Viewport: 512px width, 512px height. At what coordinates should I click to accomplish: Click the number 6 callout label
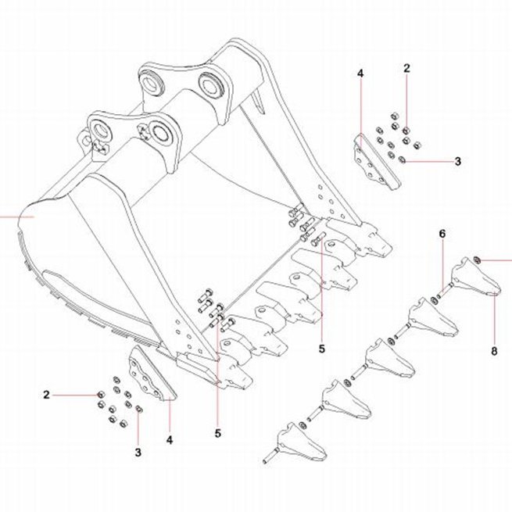pos(442,234)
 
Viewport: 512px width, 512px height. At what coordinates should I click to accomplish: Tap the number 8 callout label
pos(494,351)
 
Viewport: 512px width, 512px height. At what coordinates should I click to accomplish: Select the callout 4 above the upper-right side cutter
pos(360,73)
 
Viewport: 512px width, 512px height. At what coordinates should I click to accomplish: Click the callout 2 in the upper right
pos(406,68)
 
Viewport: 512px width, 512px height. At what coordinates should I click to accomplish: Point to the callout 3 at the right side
pos(458,161)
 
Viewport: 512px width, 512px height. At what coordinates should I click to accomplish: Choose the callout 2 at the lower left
pos(46,395)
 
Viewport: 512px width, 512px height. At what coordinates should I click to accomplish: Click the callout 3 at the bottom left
pos(138,453)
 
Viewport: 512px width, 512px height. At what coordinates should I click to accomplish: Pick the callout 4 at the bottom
pos(170,440)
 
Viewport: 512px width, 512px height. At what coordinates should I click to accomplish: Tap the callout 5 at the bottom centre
pos(218,433)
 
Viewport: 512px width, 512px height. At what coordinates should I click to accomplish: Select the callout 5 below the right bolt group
pos(322,349)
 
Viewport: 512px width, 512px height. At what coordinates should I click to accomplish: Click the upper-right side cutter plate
pos(375,163)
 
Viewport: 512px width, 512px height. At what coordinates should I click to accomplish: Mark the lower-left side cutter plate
pos(151,373)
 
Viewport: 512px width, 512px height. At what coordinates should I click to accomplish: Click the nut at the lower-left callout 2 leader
pos(101,395)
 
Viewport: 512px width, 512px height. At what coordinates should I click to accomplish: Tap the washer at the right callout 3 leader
pos(403,160)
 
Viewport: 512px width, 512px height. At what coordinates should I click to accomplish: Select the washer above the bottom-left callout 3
pos(139,409)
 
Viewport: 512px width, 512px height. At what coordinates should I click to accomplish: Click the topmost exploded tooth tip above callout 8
pos(475,277)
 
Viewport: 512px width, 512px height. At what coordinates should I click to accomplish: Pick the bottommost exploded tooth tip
pos(302,442)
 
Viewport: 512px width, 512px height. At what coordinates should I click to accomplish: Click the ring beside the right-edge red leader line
pos(476,260)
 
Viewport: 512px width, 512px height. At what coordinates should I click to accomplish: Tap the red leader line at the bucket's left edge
pos(17,217)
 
